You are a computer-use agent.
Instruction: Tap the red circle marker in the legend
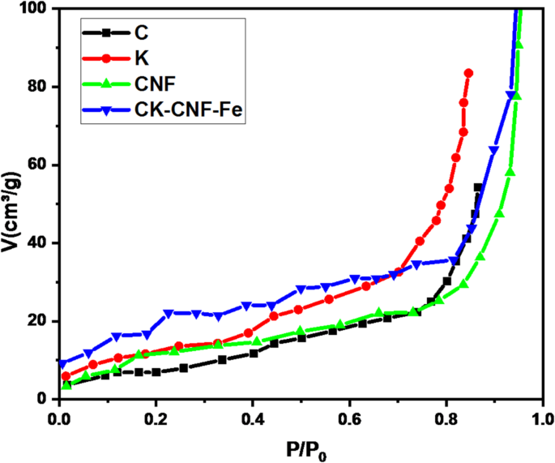pyautogui.click(x=105, y=58)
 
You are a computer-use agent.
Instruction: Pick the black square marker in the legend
pyautogui.click(x=105, y=33)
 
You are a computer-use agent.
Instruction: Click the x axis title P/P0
pyautogui.click(x=300, y=448)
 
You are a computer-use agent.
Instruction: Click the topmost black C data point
pyautogui.click(x=478, y=187)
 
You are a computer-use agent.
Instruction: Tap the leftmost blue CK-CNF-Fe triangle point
pyautogui.click(x=63, y=364)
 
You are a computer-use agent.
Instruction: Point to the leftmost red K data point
pyautogui.click(x=66, y=376)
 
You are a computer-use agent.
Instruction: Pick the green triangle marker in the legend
pyautogui.click(x=105, y=84)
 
